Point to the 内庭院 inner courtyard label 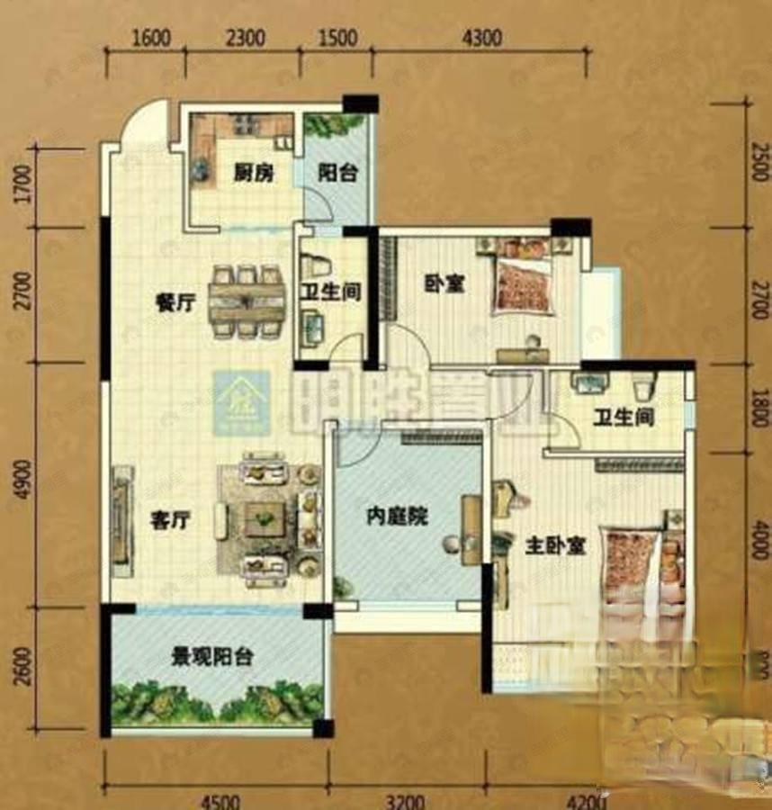pos(397,517)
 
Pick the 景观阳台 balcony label pos(212,656)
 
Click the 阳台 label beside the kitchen pos(338,174)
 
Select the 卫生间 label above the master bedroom pos(623,418)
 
